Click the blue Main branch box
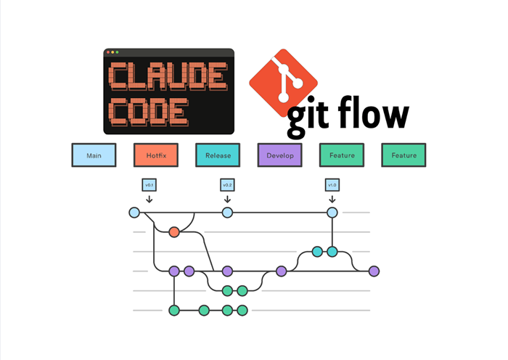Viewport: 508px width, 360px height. pos(94,155)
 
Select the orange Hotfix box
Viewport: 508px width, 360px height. pos(155,155)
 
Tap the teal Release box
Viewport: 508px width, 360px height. pos(218,155)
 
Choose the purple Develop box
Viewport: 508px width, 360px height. pos(279,155)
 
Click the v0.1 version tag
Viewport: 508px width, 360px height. pos(149,185)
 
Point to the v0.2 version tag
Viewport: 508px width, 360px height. pos(226,185)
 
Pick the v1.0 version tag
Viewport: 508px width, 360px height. pos(332,185)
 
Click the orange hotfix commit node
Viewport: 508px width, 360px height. pos(174,232)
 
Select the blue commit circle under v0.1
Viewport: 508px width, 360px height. pos(134,213)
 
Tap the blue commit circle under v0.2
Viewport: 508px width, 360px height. pos(227,213)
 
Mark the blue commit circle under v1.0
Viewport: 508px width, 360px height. pos(332,213)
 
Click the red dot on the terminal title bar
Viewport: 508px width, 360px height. pos(107,52)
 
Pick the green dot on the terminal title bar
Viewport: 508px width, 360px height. pos(117,52)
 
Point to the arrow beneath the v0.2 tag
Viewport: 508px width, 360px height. pos(226,198)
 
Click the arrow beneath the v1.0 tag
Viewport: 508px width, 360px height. pos(332,198)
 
